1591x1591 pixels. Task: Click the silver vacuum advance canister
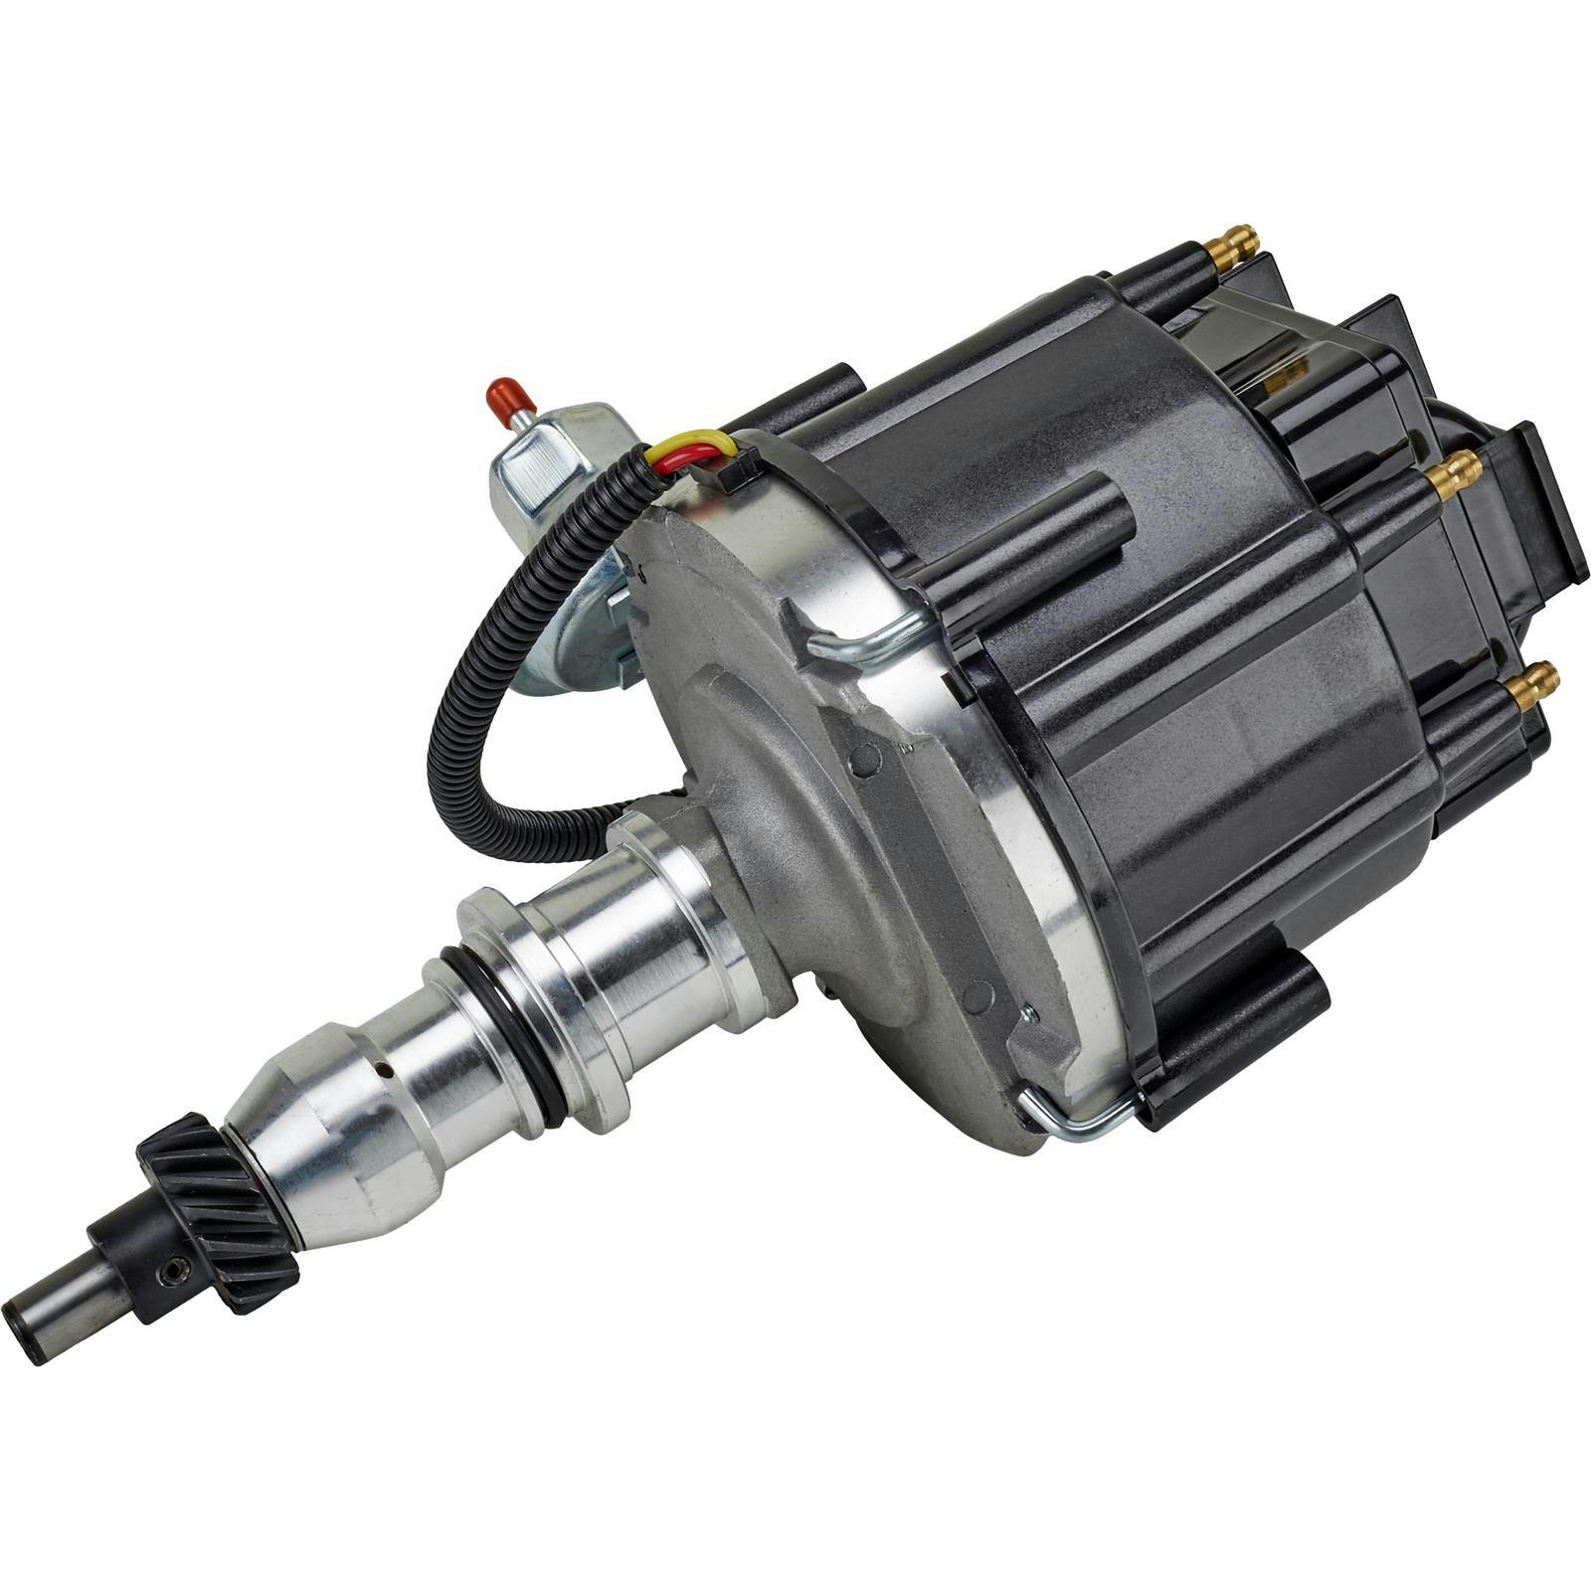[557, 517]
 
